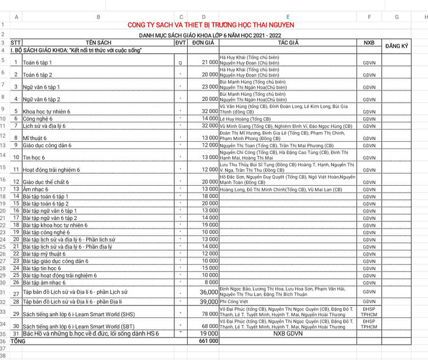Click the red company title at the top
(x=210, y=25)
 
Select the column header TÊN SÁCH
(x=98, y=43)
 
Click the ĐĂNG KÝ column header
(x=396, y=46)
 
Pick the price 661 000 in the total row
(x=205, y=341)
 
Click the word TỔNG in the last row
(x=18, y=341)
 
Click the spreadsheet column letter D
(x=203, y=17)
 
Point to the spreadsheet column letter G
(x=396, y=17)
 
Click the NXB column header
(x=369, y=43)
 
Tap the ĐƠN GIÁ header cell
(x=203, y=43)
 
